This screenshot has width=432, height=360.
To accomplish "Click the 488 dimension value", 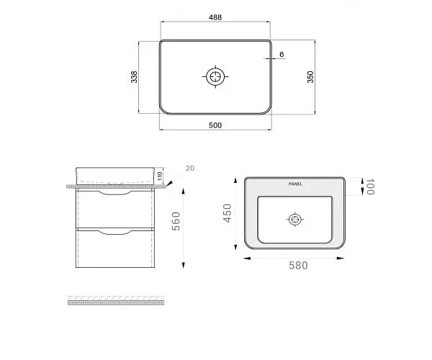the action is pos(215,17).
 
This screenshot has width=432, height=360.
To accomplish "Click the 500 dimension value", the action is pos(215,125).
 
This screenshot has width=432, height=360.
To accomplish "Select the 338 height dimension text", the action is pos(134,77).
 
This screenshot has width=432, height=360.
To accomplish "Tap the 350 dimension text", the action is pos(310,77).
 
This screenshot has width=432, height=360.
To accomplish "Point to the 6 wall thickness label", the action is pos(282,54).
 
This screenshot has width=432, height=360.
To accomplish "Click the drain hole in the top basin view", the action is pos(215,76).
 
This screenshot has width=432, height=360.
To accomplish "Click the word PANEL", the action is pos(295,184).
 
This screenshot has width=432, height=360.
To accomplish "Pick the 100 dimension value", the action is pos(370,186).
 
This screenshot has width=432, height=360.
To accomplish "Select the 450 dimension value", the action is pos(228,213).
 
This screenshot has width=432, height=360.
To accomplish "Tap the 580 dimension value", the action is pos(298,266).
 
